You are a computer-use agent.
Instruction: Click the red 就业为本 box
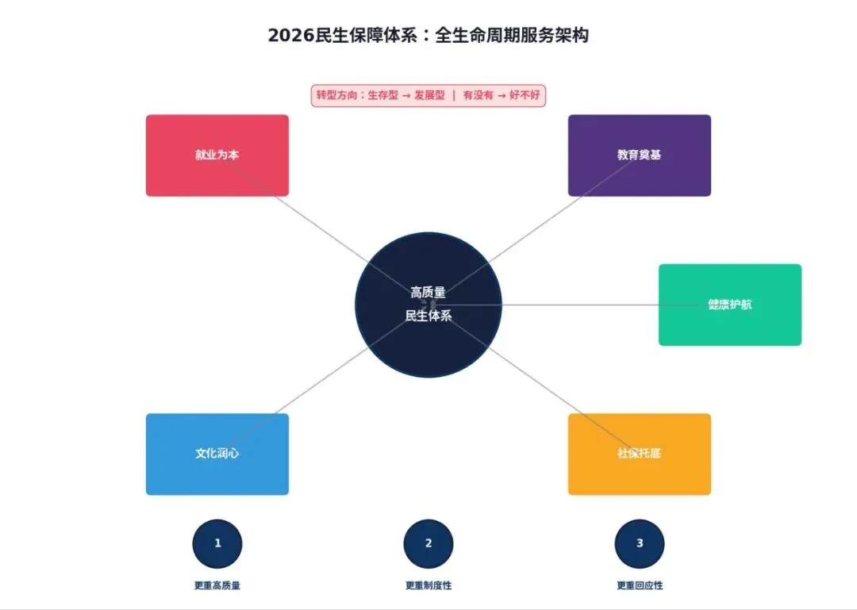(x=217, y=155)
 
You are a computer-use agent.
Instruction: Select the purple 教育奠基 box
(x=639, y=155)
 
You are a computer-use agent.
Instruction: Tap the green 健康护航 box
(x=729, y=305)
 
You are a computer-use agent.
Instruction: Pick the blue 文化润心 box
(x=217, y=454)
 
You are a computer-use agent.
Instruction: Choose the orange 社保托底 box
(x=639, y=454)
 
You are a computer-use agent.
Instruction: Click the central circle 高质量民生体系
(x=428, y=305)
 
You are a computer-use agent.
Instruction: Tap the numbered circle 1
(x=217, y=543)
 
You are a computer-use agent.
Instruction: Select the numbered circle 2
(x=428, y=543)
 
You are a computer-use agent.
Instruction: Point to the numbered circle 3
(x=640, y=543)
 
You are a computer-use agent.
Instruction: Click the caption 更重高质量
(x=217, y=585)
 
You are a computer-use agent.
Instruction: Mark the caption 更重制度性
(x=428, y=585)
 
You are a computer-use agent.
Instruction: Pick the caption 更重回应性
(x=640, y=585)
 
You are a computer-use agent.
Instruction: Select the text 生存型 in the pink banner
(x=383, y=96)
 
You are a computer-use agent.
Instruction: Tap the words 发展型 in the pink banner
(x=429, y=96)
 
